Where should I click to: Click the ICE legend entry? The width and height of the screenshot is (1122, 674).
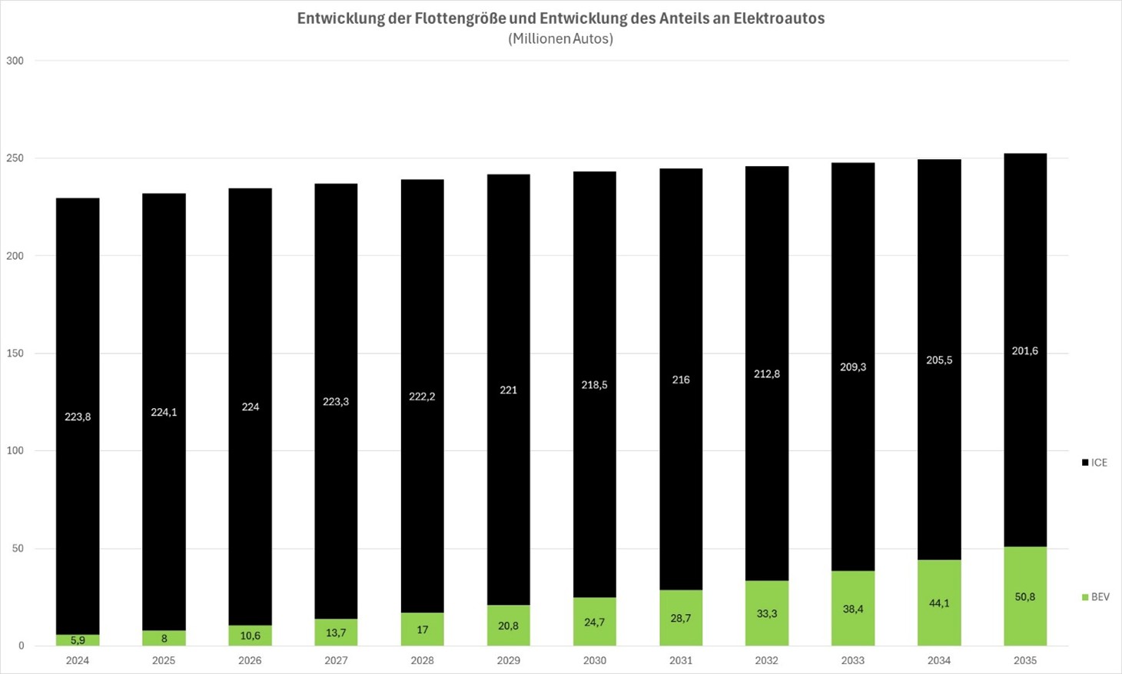coord(1094,463)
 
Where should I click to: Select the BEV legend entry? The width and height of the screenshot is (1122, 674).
coord(1095,597)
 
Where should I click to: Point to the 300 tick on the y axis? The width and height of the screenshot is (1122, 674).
coord(15,61)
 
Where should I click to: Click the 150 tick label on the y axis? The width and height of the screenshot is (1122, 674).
coord(15,354)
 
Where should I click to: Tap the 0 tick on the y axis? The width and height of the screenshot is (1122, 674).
coord(21,646)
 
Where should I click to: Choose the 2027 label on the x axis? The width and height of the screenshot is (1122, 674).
coord(336,660)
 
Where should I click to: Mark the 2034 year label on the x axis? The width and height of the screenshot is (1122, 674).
coord(939,660)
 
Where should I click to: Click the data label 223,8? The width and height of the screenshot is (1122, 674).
coord(78,417)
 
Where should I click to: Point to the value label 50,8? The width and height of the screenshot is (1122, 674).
coord(1025,597)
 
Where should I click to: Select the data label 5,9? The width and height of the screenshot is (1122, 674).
coord(78,640)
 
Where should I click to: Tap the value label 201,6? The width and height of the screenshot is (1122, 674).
coord(1025,351)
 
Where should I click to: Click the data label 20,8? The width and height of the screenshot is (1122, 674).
coord(508,626)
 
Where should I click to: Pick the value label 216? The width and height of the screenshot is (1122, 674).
coord(681,380)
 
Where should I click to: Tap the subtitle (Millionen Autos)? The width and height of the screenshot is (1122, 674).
coord(561,38)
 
